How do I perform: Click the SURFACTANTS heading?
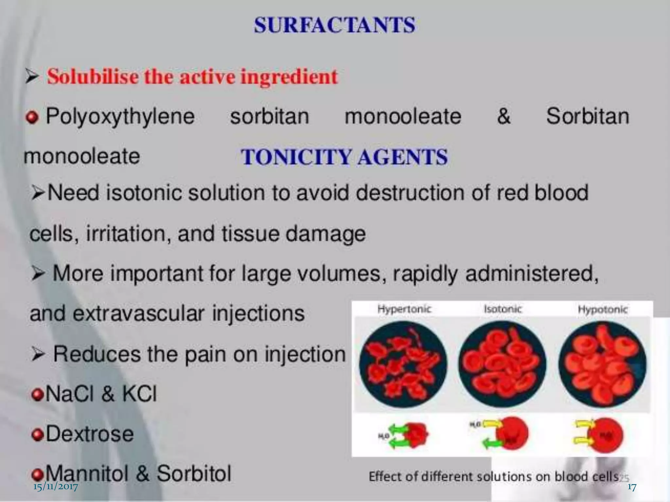pos(334,25)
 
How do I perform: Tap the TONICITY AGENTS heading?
pos(344,157)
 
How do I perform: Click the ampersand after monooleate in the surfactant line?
pos(503,116)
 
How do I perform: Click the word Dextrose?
pos(90,434)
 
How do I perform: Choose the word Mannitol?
pos(87,473)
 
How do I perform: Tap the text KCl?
pos(139,394)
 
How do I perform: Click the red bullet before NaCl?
pos(38,395)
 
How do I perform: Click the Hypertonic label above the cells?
pos(404,309)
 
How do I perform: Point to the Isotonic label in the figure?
pos(502,309)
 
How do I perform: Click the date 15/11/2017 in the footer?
pos(56,487)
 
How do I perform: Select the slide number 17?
pos(632,487)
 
